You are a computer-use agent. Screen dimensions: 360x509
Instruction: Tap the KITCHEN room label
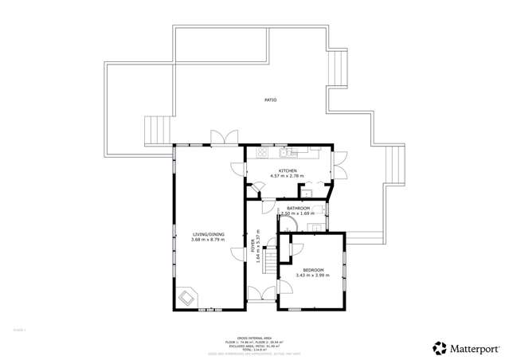coord(288,170)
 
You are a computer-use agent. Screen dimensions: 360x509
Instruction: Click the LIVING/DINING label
coord(208,234)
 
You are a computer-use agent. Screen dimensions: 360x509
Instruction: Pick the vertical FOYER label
coord(254,245)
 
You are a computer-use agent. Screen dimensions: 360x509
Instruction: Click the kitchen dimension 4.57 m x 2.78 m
coord(288,175)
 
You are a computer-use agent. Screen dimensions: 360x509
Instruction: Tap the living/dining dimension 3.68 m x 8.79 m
coord(208,240)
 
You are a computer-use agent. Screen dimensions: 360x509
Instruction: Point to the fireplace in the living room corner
coord(187,297)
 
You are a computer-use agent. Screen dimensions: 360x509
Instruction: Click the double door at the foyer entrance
coord(260,295)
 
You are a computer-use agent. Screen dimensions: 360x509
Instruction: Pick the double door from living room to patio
coord(221,137)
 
